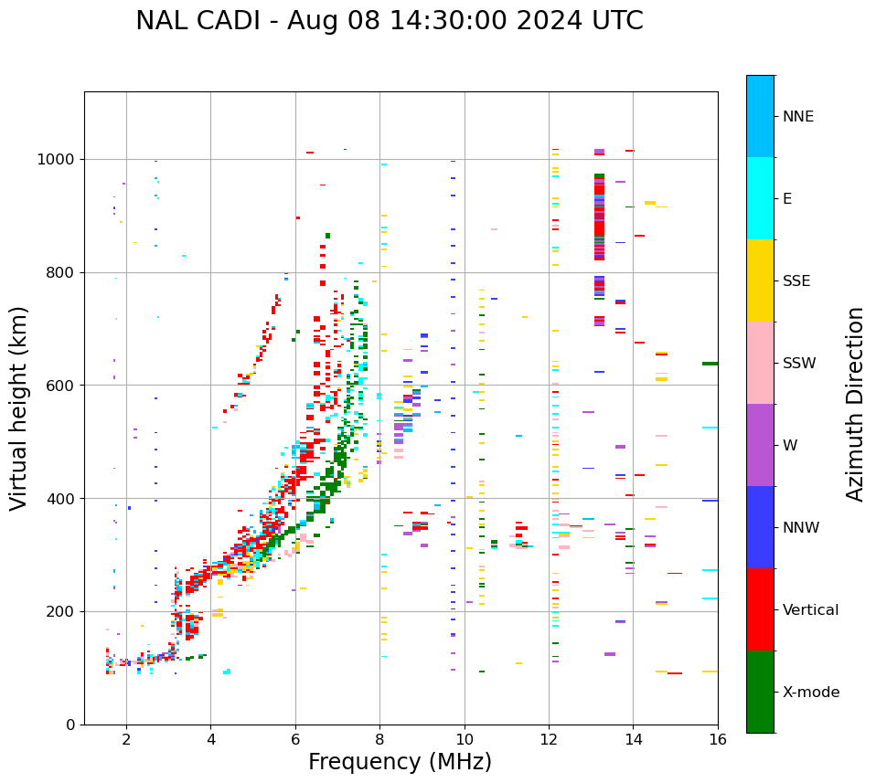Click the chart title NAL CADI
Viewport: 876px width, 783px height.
pyautogui.click(x=389, y=21)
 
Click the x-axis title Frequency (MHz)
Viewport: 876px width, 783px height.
pyautogui.click(x=400, y=762)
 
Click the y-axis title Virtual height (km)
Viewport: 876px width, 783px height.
pyautogui.click(x=19, y=408)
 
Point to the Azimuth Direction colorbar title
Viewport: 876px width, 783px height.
pyautogui.click(x=855, y=404)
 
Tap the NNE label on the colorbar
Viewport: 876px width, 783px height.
pyautogui.click(x=797, y=117)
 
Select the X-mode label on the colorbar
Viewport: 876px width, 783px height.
pyautogui.click(x=810, y=693)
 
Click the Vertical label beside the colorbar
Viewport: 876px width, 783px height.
pyautogui.click(x=810, y=610)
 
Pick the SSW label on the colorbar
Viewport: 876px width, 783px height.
pyautogui.click(x=798, y=364)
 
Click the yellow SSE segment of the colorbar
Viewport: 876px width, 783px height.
pyautogui.click(x=760, y=280)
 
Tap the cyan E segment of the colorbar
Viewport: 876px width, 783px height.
pyautogui.click(x=760, y=198)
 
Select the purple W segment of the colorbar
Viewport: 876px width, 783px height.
pyautogui.click(x=760, y=445)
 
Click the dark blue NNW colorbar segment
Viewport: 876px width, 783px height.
pyautogui.click(x=760, y=527)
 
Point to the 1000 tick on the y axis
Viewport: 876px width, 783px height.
pyautogui.click(x=58, y=160)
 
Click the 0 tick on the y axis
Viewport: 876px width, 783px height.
pyautogui.click(x=69, y=725)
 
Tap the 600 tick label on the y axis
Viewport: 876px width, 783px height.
pyautogui.click(x=61, y=386)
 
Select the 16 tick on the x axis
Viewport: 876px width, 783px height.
pyautogui.click(x=718, y=739)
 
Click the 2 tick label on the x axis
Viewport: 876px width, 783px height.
pyautogui.click(x=126, y=739)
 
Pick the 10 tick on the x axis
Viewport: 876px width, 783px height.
pyautogui.click(x=465, y=739)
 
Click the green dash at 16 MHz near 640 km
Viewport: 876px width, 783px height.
pyautogui.click(x=710, y=364)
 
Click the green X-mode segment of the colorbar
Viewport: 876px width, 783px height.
pyautogui.click(x=760, y=692)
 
